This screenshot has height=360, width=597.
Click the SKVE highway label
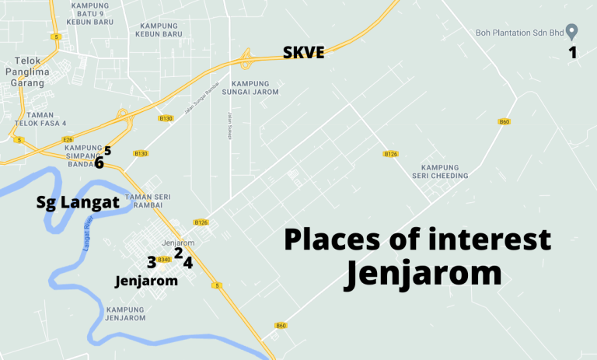[x=302, y=54]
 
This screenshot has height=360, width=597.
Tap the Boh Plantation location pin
[x=572, y=32]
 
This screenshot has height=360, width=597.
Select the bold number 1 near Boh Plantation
[x=573, y=53]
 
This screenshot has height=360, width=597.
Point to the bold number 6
[x=99, y=163]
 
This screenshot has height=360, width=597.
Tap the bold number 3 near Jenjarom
[x=152, y=262]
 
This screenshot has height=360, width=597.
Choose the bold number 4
[x=187, y=263]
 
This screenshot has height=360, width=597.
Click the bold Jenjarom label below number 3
[x=146, y=280]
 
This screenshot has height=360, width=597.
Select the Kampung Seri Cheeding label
[x=445, y=171]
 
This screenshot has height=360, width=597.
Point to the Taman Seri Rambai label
[x=147, y=201]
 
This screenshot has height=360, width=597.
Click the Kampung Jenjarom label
[x=124, y=313]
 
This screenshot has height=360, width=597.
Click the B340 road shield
[x=163, y=259]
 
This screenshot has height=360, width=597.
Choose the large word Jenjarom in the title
[x=423, y=274]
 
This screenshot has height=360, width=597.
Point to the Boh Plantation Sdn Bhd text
[x=518, y=32]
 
